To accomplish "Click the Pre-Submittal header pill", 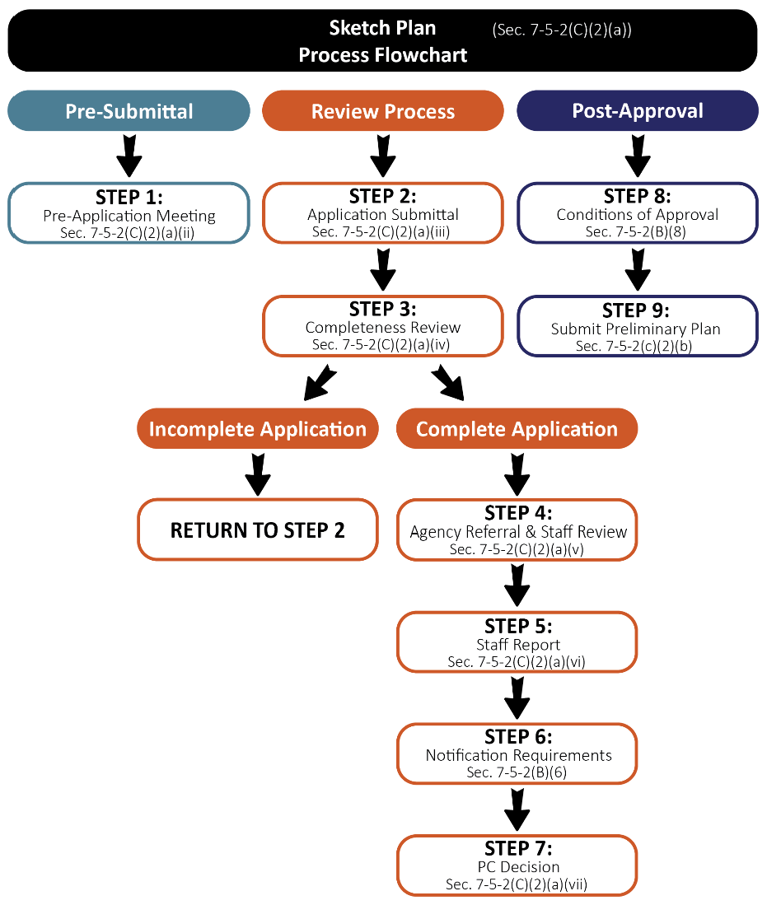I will click(129, 110).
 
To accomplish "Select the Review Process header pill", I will click(382, 111).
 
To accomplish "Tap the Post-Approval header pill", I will click(637, 110).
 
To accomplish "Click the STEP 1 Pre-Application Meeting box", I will click(129, 213).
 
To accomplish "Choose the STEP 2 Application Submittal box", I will click(382, 213).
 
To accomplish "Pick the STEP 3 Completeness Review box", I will click(382, 326).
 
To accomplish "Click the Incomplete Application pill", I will click(257, 429).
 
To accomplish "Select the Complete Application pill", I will click(517, 429).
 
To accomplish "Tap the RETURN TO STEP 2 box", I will click(257, 530).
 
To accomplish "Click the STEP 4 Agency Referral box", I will click(517, 530).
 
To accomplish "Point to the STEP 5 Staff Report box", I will click(517, 642).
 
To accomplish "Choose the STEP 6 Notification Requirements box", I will click(517, 753).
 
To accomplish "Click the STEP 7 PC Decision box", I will click(517, 865).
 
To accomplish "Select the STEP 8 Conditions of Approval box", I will click(637, 213).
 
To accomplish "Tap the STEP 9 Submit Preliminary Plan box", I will click(637, 326).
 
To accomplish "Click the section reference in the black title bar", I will click(562, 30).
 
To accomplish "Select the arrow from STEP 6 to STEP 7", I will click(517, 809).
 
